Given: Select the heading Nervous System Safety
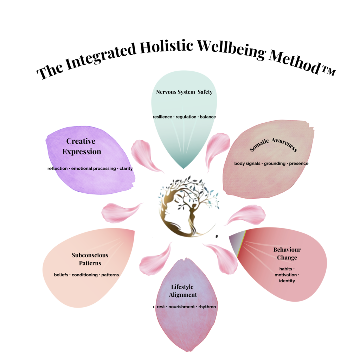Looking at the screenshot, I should coord(184,92).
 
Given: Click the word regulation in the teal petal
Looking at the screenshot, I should coord(186,117).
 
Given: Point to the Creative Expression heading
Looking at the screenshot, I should coord(84,146).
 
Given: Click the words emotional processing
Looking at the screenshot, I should coord(93,168).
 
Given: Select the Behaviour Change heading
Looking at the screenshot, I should coord(287,253).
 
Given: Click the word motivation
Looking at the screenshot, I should coord(285,275).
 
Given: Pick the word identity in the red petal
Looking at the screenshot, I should coord(287,281).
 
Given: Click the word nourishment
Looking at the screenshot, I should coord(181,307).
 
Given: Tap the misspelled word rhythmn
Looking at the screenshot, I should coord(207,307).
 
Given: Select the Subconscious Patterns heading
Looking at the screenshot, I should coord(90,259).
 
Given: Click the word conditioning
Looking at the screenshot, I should coord(84,275).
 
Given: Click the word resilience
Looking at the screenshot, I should coord(163,117).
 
